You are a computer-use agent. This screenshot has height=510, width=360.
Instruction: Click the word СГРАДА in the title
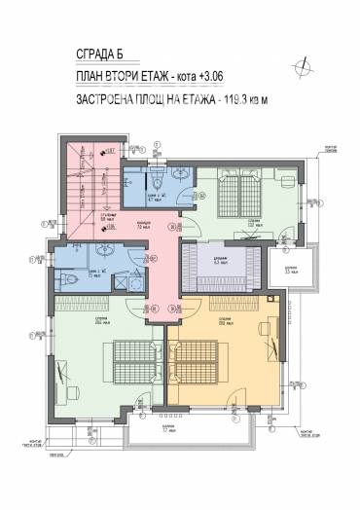tap(89, 56)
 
